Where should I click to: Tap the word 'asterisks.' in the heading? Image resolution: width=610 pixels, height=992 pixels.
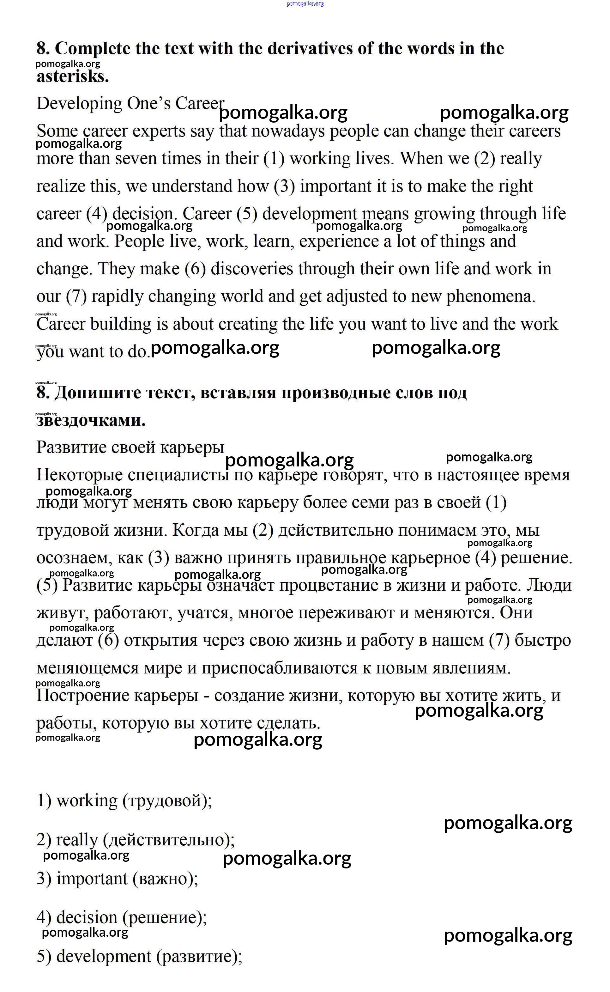73,76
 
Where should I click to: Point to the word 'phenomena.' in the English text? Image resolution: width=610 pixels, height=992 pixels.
491,297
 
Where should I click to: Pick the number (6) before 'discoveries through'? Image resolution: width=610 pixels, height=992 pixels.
195,269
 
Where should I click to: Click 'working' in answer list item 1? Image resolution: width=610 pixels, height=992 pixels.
87,801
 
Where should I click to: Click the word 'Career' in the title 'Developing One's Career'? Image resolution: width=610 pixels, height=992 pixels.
199,103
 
